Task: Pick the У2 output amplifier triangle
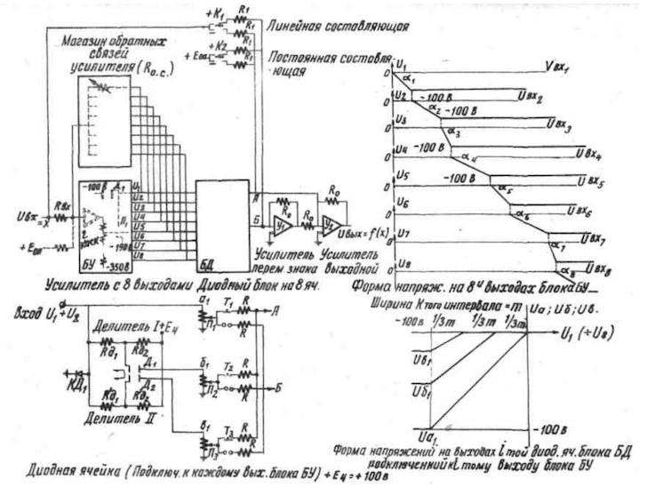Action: coord(331,219)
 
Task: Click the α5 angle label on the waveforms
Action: coord(504,189)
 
